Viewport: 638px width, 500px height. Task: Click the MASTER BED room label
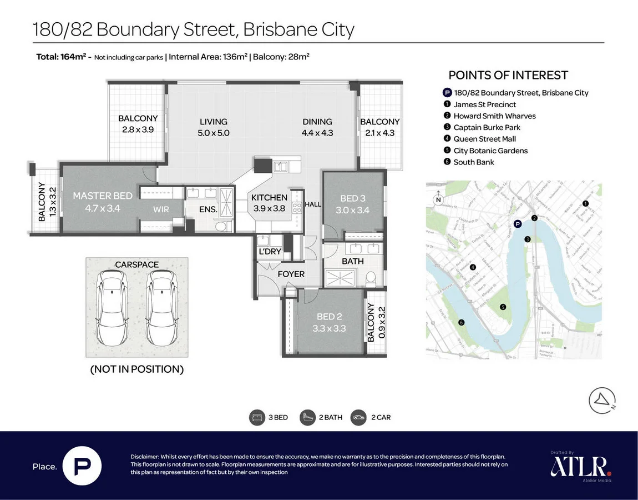pyautogui.click(x=103, y=196)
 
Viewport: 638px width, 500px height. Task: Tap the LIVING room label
pyautogui.click(x=214, y=122)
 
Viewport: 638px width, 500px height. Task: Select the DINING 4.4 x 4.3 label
pyautogui.click(x=317, y=127)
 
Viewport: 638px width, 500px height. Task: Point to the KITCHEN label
pyautogui.click(x=270, y=198)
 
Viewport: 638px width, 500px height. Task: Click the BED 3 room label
pyautogui.click(x=352, y=199)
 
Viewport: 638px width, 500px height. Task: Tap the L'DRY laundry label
pyautogui.click(x=270, y=252)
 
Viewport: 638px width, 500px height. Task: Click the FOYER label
pyautogui.click(x=291, y=274)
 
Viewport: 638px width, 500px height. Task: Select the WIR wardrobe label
pyautogui.click(x=161, y=209)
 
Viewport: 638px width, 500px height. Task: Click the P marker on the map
pyautogui.click(x=517, y=224)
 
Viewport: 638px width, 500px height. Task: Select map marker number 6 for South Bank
pyautogui.click(x=461, y=322)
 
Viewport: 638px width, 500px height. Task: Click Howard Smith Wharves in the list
pyautogui.click(x=494, y=116)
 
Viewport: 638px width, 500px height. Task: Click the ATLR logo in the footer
pyautogui.click(x=580, y=466)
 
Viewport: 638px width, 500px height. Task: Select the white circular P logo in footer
pyautogui.click(x=82, y=466)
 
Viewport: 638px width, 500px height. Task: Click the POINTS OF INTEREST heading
pyautogui.click(x=508, y=75)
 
